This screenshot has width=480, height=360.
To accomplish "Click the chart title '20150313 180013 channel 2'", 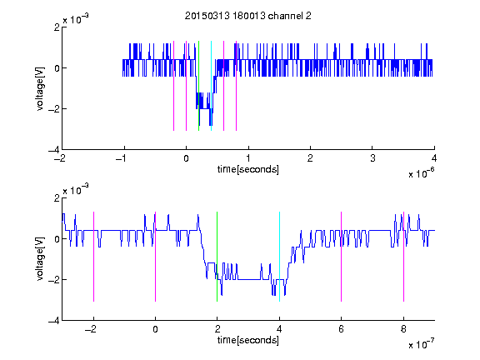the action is click(x=248, y=16).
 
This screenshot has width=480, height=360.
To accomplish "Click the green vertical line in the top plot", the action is click(x=198, y=86).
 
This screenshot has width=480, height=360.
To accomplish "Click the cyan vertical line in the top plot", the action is click(x=211, y=86).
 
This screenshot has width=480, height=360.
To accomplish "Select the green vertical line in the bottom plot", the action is click(x=217, y=257).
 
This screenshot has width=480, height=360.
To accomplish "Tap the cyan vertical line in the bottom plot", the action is click(x=279, y=257).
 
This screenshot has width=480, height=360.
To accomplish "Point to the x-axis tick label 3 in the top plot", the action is click(x=372, y=158).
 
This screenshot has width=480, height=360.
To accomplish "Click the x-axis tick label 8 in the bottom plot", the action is click(x=403, y=329).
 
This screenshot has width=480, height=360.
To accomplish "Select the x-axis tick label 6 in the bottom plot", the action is click(x=341, y=329).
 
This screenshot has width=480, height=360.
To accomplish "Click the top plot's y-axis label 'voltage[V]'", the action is click(x=40, y=88).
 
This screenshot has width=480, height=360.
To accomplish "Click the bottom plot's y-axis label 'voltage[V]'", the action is click(x=40, y=259).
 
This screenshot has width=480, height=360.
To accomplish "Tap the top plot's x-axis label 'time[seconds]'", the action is click(x=248, y=169).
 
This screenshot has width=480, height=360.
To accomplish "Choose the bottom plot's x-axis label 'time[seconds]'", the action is click(x=248, y=340).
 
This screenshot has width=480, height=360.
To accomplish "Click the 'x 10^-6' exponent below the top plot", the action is click(x=422, y=173).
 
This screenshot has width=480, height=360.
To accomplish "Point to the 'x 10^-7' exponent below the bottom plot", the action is click(x=422, y=344).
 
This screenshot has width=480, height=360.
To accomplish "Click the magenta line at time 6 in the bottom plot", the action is click(x=341, y=257).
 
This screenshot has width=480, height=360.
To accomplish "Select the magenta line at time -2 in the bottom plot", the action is click(x=93, y=257).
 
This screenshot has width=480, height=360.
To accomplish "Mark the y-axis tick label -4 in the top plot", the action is click(x=54, y=150).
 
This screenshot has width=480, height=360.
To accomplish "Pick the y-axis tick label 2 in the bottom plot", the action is click(x=57, y=198).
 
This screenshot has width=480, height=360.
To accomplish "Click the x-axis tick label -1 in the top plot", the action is click(x=122, y=158).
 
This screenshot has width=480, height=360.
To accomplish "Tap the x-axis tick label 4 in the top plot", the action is click(x=434, y=158).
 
